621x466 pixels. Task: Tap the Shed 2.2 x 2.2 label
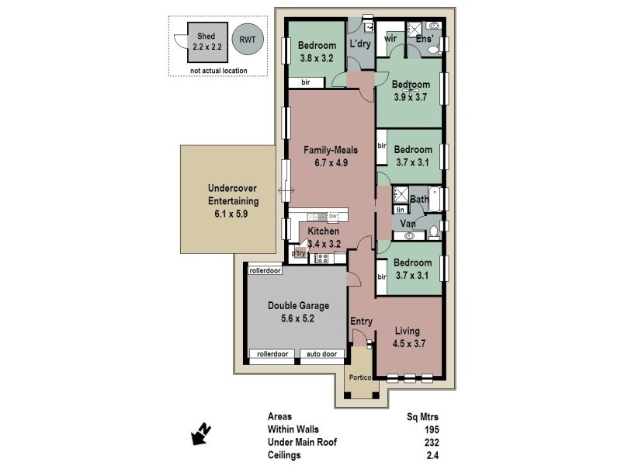pos(206,41)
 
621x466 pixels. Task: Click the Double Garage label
pos(291,311)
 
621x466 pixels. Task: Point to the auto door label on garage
pos(322,354)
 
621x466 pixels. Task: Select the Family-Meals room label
pos(314,156)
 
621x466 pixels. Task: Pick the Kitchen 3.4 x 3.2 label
pos(323,237)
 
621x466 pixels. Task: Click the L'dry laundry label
pos(360,44)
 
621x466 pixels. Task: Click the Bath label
pos(419,200)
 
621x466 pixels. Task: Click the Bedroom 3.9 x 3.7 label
pos(411,91)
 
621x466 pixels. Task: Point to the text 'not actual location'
pos(218,71)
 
